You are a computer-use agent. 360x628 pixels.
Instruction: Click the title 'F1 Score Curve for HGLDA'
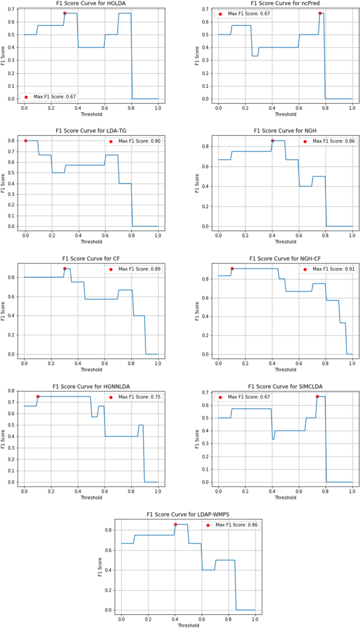point(90,3)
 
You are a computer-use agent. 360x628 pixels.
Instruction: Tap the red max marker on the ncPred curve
point(320,13)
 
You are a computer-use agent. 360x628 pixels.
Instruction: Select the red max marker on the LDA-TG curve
point(25,140)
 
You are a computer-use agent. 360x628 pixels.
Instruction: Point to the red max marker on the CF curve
point(65,269)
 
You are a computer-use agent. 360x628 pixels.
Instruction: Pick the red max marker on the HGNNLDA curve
point(38,397)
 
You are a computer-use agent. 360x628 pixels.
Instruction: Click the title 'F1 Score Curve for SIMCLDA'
point(284,386)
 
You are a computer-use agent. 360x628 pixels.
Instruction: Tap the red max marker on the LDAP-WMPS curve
point(175,524)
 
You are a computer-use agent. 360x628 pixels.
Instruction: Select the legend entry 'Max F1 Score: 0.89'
point(135,269)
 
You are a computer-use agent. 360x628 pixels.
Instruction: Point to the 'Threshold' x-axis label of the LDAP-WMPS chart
point(188,624)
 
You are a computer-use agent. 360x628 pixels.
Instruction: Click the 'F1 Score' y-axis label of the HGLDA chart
point(4,55)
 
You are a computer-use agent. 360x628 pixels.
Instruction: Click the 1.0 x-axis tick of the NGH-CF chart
point(352,362)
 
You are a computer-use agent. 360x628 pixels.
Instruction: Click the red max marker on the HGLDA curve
point(65,13)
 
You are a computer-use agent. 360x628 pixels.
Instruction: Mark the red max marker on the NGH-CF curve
point(232,268)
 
